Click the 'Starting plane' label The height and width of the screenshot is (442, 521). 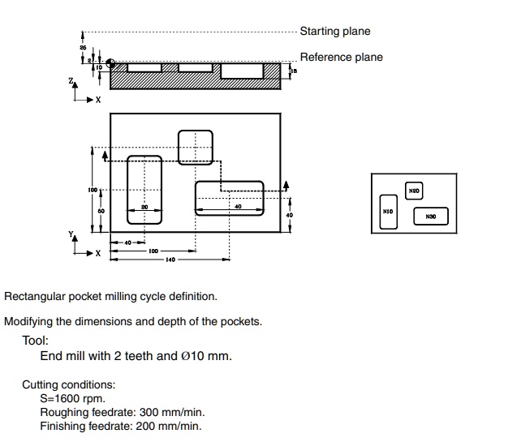334,32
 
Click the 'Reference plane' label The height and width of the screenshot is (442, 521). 341,58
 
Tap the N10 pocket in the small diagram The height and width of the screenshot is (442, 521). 389,212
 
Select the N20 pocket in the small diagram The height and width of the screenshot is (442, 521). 414,192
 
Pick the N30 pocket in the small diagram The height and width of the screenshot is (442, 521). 431,217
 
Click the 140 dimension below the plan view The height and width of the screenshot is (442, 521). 170,260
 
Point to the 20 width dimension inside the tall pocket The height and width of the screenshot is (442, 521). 144,208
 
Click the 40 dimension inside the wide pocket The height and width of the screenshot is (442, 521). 238,208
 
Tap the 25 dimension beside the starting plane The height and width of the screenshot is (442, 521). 83,49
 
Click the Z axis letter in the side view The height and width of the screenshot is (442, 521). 72,82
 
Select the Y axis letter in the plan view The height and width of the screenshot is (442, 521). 71,235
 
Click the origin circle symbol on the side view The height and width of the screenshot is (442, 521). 110,63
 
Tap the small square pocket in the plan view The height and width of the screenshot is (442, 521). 195,147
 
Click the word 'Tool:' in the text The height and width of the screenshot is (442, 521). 37,341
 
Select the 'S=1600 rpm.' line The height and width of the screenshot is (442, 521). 72,399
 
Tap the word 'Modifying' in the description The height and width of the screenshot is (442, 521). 29,321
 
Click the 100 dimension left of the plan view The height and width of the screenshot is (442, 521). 94,190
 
